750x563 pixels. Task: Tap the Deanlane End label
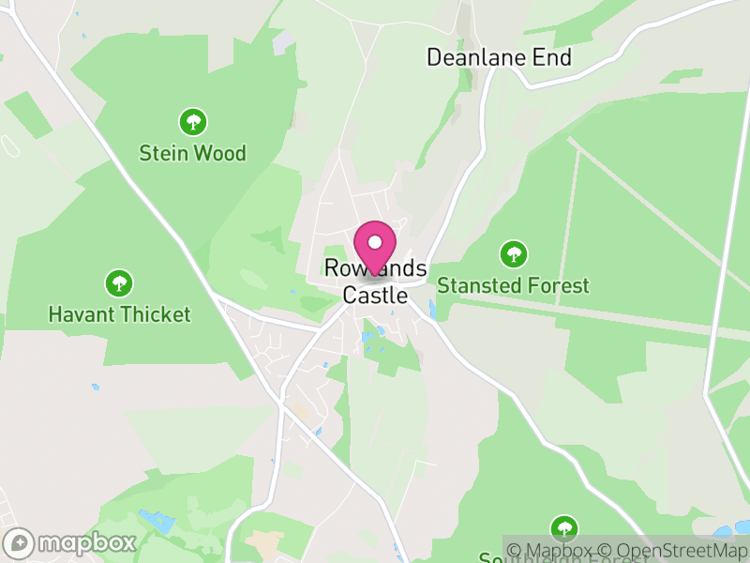[x=499, y=57]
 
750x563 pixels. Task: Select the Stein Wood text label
[x=193, y=153]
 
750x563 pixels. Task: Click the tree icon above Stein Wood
[x=193, y=121]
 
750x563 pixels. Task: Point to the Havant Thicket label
[x=119, y=314]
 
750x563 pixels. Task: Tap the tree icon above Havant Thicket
[x=119, y=281]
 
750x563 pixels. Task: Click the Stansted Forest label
[x=513, y=285]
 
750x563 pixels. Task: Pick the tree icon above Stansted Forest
[x=513, y=253]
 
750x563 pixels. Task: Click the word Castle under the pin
[x=375, y=295]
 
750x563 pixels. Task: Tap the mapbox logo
[x=71, y=542]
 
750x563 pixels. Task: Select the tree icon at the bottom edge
[x=563, y=527]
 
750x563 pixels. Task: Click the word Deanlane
[x=472, y=57]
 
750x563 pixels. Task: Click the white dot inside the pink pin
[x=375, y=242]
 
